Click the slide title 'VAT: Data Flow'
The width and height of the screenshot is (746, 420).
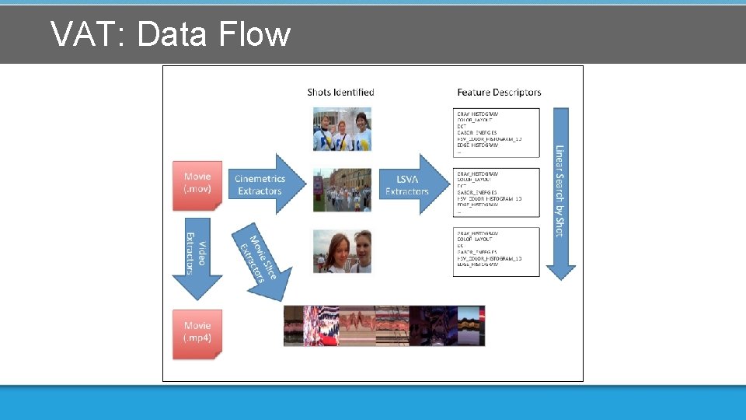170,34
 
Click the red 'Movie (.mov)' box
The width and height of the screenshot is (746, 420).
197,184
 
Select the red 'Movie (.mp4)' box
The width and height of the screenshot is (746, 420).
197,333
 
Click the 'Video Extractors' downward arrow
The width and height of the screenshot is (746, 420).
197,261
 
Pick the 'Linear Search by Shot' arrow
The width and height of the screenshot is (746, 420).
560,193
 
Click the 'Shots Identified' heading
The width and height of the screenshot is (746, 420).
340,92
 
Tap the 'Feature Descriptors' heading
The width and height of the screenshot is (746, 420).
499,92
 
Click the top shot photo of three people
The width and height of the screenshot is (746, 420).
342,129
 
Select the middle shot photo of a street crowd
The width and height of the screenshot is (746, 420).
342,190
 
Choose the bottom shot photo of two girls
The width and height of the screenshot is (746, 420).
342,250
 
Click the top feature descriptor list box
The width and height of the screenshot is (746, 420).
497,132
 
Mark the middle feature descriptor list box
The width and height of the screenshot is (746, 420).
497,191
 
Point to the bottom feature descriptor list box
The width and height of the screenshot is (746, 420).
497,250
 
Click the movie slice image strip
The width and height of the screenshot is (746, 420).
385,325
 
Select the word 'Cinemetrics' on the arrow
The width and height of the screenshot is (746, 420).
260,179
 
